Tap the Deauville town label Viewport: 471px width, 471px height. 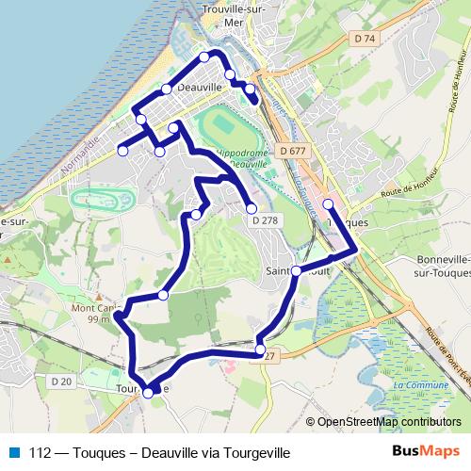[199, 87]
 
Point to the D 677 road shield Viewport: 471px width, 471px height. [294, 151]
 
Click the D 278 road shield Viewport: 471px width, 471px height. [265, 220]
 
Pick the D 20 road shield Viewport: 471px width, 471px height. [61, 381]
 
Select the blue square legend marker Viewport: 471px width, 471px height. [13, 452]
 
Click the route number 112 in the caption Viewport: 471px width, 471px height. [40, 452]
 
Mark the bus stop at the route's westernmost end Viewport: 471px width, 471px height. [122, 151]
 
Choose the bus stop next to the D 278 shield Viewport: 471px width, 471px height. [252, 209]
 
